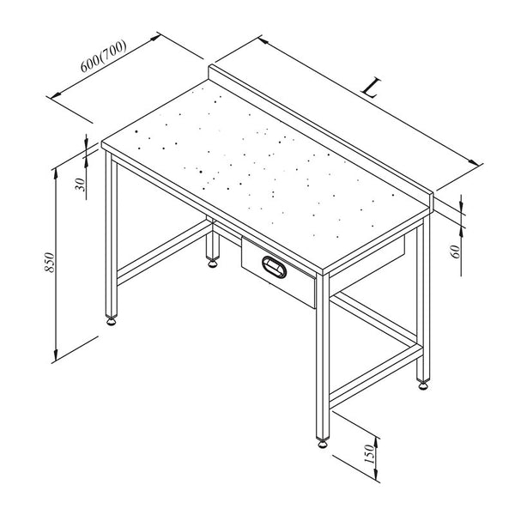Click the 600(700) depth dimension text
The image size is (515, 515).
point(104,56)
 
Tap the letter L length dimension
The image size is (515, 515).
point(372,88)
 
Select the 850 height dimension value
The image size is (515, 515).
point(49,262)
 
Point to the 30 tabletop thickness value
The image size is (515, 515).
point(80,185)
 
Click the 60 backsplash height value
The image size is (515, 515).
point(457,251)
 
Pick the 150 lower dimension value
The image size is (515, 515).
point(369,453)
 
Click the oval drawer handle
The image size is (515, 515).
point(275,267)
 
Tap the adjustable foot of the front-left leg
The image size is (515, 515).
point(112,321)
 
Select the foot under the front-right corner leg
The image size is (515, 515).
point(323,443)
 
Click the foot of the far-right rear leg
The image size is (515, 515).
point(423,385)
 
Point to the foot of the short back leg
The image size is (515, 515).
point(213,263)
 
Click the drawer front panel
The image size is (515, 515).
point(278,272)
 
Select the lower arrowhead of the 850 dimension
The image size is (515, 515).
point(56,354)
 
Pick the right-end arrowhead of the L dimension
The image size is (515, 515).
point(474,162)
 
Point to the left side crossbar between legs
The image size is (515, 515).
point(164,252)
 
